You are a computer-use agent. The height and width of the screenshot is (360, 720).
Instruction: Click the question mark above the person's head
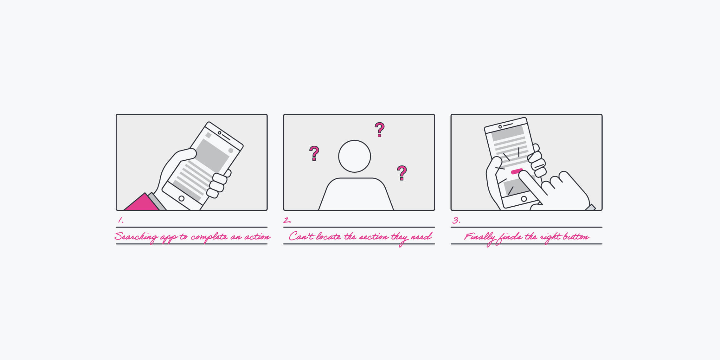[379, 130]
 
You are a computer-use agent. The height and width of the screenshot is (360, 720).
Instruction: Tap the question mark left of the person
[314, 153]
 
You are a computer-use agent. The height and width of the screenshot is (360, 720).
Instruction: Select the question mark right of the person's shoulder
[402, 173]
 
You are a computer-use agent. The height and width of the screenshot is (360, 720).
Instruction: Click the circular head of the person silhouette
[355, 156]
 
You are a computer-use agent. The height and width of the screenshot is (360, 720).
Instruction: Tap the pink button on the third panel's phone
[517, 171]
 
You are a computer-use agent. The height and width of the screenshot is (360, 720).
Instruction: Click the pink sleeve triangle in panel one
[141, 202]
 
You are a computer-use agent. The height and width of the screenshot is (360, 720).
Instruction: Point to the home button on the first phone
[182, 199]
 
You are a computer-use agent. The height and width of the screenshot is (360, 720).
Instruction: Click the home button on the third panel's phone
[524, 199]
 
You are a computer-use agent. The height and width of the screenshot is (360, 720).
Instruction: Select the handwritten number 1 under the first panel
[121, 220]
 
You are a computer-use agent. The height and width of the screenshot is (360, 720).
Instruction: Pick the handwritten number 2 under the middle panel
[287, 220]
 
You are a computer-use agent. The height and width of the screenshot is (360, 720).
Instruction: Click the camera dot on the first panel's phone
[220, 133]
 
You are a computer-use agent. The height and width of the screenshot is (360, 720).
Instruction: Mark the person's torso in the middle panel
[356, 194]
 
